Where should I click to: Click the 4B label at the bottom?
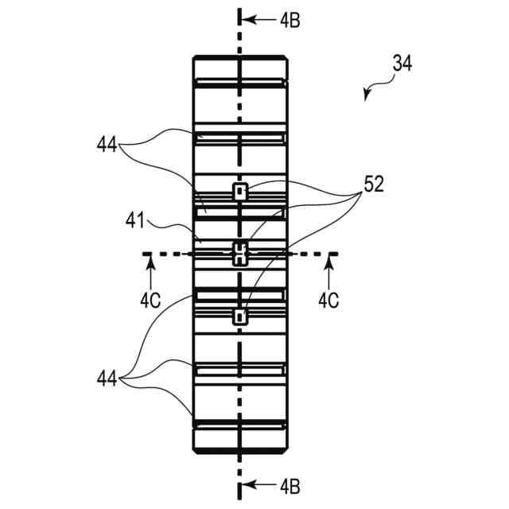pyautogui.click(x=267, y=484)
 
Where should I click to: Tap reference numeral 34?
pyautogui.click(x=402, y=63)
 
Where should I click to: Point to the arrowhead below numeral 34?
pyautogui.click(x=367, y=95)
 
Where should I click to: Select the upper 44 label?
pyautogui.click(x=108, y=146)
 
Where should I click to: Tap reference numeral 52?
pyautogui.click(x=373, y=185)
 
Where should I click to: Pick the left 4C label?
pyautogui.click(x=150, y=301)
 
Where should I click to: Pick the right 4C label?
pyautogui.click(x=329, y=301)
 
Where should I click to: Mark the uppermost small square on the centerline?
pyautogui.click(x=239, y=191)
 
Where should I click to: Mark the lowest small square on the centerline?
pyautogui.click(x=239, y=317)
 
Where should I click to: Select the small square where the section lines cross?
pyautogui.click(x=239, y=254)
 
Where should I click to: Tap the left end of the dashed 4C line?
pyautogui.click(x=145, y=254)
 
